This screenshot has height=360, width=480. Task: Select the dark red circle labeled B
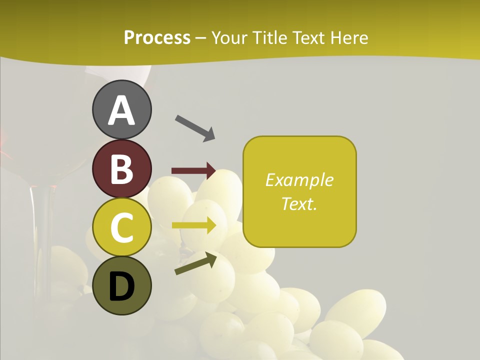tap(122, 168)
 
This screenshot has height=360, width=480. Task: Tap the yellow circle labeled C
tap(122, 227)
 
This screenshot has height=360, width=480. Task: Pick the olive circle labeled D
tap(122, 286)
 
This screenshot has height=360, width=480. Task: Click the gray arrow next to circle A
tap(195, 128)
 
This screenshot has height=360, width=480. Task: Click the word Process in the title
tap(157, 37)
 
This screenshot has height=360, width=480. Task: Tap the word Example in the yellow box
tap(299, 180)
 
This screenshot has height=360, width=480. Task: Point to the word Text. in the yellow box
tap(299, 203)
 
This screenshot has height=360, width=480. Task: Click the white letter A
tap(122, 110)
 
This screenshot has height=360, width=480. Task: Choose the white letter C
tap(122, 228)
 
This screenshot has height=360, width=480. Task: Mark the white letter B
tap(122, 169)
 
